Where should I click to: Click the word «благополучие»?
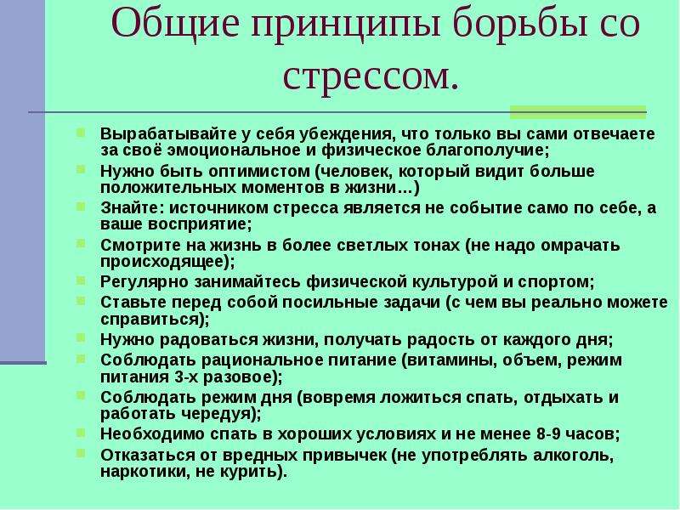click(484, 150)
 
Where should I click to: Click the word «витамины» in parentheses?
click(450, 360)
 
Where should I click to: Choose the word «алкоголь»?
click(570, 456)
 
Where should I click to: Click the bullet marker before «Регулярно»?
click(81, 280)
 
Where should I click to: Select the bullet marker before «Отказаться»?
click(81, 454)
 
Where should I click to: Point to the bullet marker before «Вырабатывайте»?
click(81, 133)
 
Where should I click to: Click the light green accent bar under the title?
click(578, 112)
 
